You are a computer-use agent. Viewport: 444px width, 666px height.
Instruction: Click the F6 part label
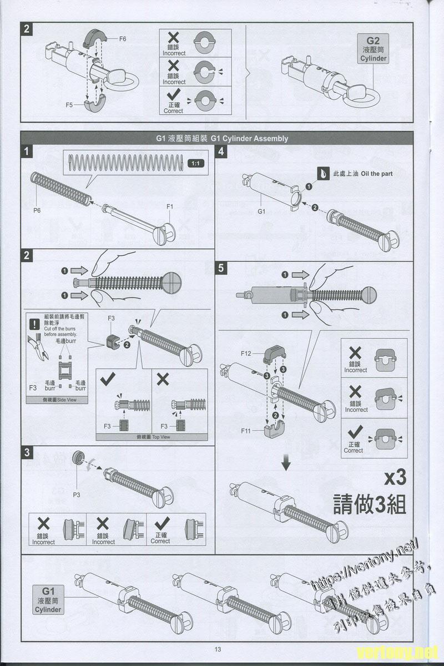[123, 39]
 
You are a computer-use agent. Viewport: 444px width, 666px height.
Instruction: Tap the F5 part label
[69, 104]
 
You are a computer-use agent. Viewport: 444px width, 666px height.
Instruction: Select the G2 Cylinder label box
[373, 49]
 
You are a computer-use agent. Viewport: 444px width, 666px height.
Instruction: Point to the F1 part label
[170, 206]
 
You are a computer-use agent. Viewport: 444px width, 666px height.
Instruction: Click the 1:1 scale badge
[195, 163]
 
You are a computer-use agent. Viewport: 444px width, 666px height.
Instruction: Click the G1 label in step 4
[262, 211]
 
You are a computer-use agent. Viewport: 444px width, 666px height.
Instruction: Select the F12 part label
[246, 353]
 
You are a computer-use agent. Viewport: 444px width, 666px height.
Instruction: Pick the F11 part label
[246, 431]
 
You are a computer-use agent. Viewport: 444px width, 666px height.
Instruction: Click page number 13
[218, 650]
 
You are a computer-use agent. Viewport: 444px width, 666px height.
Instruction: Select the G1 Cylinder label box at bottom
[49, 599]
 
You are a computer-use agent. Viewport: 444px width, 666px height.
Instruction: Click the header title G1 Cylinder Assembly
[222, 139]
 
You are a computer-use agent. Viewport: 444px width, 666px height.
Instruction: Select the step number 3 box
[27, 452]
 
